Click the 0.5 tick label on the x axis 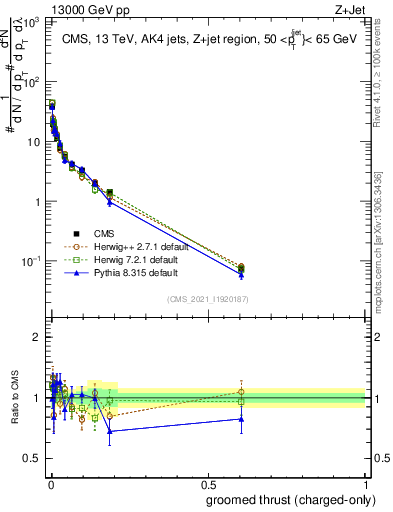point(208,483)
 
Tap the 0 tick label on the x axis point(50,483)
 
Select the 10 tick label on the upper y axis point(32,142)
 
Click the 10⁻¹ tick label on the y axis point(30,261)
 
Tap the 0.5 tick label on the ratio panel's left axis point(33,458)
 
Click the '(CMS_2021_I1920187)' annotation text point(208,298)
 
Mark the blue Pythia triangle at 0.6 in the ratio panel point(241,419)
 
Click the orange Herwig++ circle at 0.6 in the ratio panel point(241,391)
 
